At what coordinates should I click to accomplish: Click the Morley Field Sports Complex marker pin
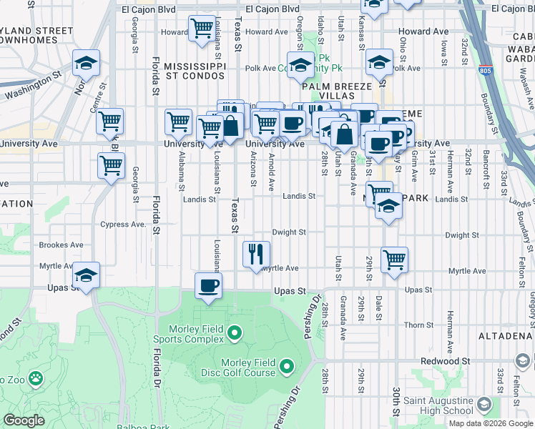point(235,333)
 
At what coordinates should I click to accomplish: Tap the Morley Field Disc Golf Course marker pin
point(287,368)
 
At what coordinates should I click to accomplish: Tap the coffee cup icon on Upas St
point(208,286)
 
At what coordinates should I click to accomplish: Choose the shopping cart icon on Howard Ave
point(201,29)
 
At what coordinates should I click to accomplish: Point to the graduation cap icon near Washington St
point(87,64)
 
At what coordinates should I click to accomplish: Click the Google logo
point(24,420)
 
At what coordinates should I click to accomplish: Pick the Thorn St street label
point(415,325)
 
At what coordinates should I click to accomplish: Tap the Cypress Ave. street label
point(122,224)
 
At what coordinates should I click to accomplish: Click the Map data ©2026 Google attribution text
point(490,423)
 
